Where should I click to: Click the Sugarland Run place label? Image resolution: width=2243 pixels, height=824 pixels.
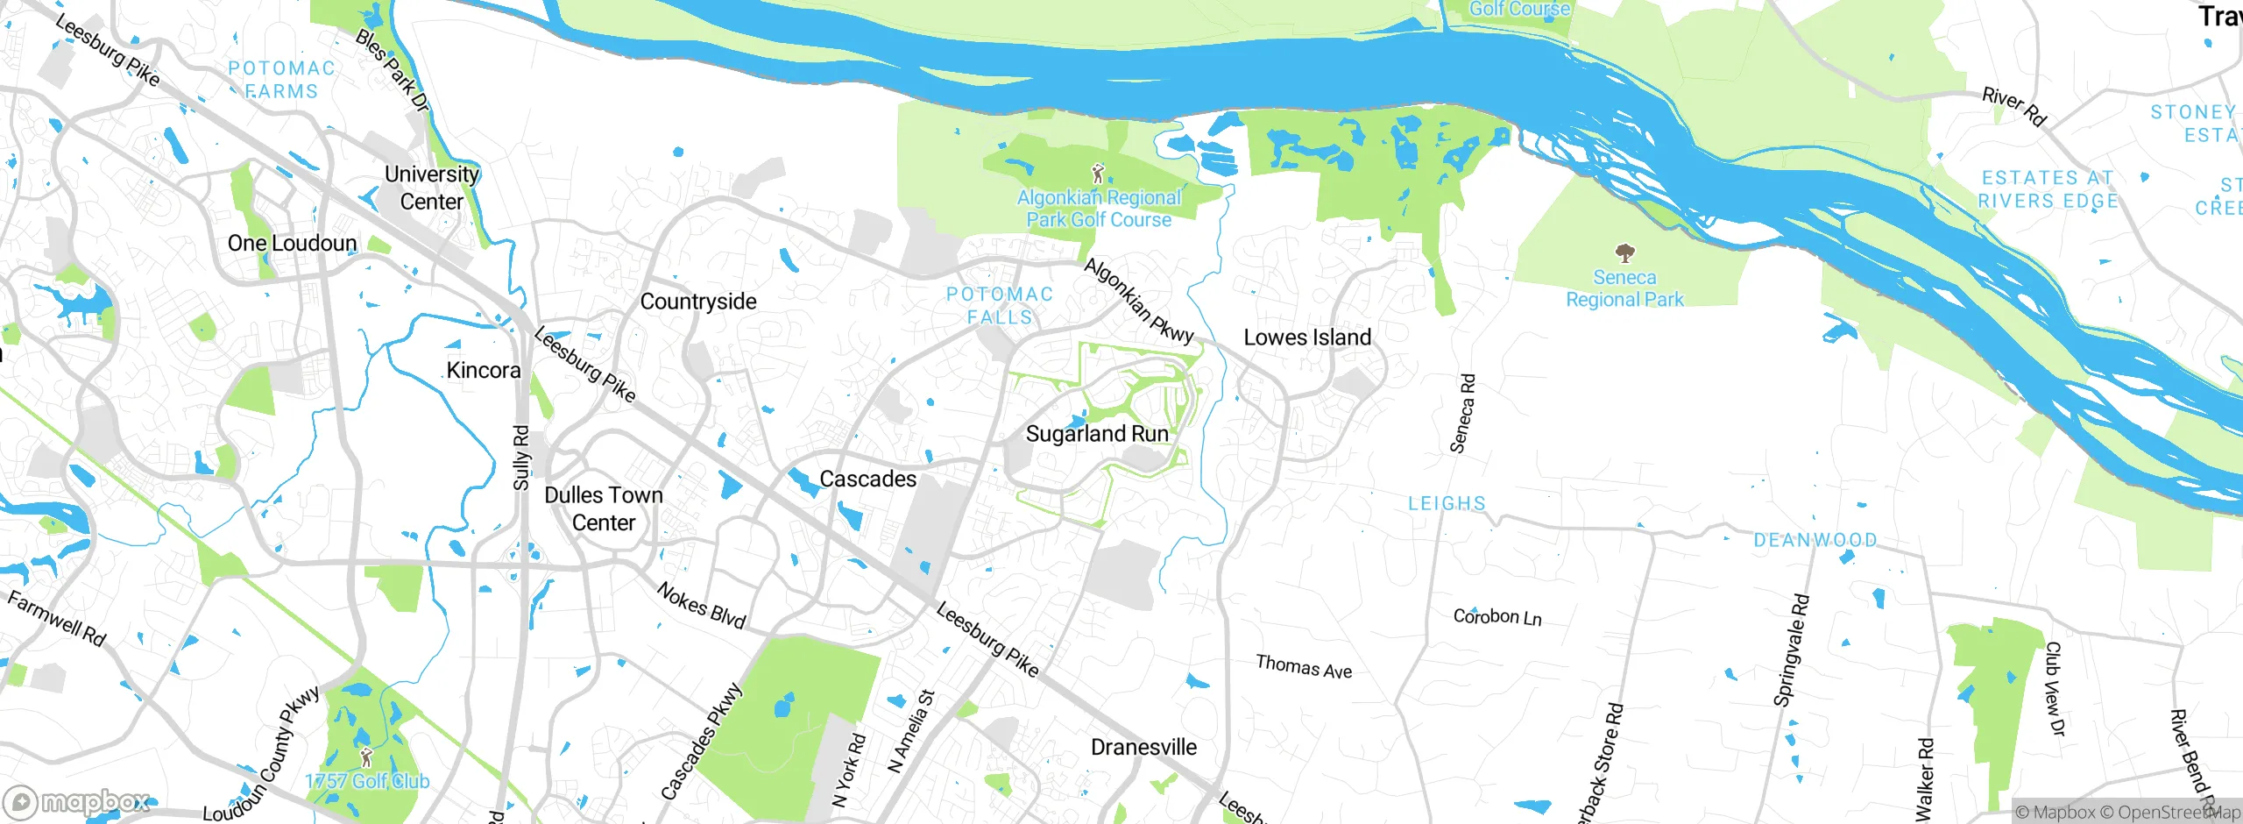pos(1097,434)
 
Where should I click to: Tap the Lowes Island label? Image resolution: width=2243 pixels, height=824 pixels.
pos(1307,337)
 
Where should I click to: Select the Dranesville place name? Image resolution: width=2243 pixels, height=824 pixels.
pos(1143,747)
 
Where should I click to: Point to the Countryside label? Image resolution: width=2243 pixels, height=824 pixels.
pos(698,302)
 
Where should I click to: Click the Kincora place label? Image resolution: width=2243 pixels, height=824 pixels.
pos(484,371)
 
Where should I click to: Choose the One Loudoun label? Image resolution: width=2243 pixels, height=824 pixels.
pos(292,244)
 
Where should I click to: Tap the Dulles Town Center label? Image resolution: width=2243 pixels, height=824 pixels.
pos(604,508)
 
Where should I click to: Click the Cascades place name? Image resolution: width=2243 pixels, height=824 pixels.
pos(867,479)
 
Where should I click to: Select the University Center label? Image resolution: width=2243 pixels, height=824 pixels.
pos(432,188)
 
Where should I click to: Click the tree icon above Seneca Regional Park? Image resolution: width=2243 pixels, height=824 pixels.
pos(1624,254)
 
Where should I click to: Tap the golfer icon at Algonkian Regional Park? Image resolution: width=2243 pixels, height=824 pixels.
pos(1098,173)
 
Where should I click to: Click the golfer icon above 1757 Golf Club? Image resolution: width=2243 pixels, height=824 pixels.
pos(366,757)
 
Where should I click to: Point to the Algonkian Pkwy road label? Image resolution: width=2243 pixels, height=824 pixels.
pos(1138,301)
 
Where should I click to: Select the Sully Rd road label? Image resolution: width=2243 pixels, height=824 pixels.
pos(521,458)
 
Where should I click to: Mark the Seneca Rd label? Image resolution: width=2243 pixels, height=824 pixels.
pos(1462,414)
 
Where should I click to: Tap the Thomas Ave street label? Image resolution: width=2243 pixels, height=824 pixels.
pos(1303,667)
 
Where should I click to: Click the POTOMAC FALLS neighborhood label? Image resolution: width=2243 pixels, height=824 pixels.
pos(1000,306)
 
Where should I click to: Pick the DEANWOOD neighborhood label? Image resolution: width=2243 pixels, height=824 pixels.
pos(1815,540)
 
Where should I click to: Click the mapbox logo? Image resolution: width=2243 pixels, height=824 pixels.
pos(77,802)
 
